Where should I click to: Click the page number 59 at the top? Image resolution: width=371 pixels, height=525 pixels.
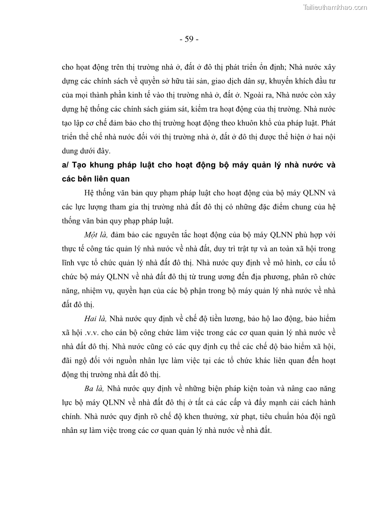click(189, 39)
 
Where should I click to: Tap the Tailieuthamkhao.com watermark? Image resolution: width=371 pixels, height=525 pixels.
click(335, 7)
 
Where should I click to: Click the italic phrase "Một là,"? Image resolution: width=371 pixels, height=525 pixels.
click(95, 247)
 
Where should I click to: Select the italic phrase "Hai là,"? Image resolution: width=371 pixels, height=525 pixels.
click(96, 318)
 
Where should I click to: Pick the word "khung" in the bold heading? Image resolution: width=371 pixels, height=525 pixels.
click(104, 165)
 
